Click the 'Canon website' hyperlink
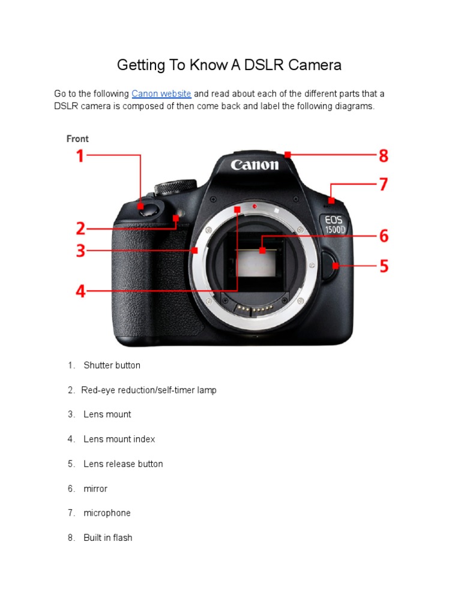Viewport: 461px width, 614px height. (161, 94)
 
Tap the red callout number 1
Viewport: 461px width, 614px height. (79, 156)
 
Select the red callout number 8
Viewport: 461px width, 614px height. (383, 156)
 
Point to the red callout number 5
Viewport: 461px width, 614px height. (383, 266)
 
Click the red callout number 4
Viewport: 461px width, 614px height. (80, 292)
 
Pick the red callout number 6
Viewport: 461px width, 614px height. (383, 236)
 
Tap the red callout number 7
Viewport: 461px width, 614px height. (383, 184)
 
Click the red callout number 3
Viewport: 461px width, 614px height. (80, 251)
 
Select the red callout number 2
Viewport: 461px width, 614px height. (80, 228)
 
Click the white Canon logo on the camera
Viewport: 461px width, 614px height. (255, 164)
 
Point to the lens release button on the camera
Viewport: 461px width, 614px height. (329, 265)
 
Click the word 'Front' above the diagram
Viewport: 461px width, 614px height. (77, 139)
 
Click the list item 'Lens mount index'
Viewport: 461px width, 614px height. (119, 439)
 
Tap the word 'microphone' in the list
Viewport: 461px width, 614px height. (107, 513)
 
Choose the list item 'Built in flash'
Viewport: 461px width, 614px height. (107, 537)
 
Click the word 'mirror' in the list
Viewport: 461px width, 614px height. (95, 488)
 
